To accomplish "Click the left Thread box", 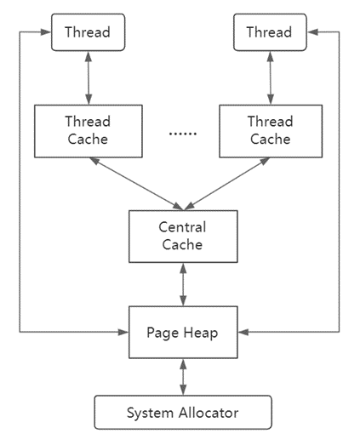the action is (88, 32).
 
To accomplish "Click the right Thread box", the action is (270, 32).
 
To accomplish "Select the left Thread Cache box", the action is (89, 131).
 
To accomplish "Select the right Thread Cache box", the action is (271, 131).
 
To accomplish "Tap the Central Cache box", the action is (183, 237).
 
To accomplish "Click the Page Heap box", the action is (183, 332).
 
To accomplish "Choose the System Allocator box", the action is (183, 413).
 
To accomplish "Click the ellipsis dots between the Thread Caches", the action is (183, 134).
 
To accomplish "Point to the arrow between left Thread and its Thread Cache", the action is (89, 78).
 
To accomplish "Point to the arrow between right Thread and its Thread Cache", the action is (271, 78).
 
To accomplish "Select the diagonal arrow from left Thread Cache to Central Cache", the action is (136, 184).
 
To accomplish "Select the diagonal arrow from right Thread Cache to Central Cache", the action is (227, 184).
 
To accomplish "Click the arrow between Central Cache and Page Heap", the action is (184, 284).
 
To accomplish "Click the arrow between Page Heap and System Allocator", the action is (184, 377).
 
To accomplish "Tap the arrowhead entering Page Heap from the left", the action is (123, 332).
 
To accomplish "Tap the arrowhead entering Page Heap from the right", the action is (243, 332).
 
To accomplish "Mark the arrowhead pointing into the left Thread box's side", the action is (45, 32).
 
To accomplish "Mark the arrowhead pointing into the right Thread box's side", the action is (313, 32).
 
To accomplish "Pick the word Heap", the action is (201, 333).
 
